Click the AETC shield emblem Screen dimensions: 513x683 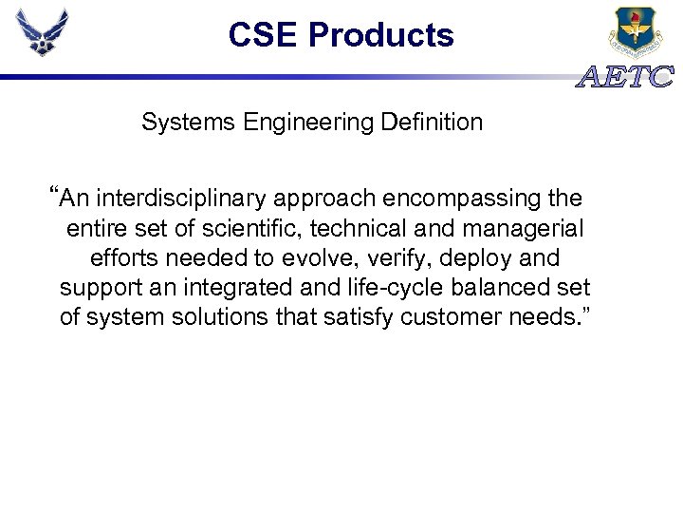click(x=635, y=32)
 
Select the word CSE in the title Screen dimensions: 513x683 click(x=264, y=36)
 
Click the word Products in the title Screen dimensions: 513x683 click(x=381, y=36)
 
